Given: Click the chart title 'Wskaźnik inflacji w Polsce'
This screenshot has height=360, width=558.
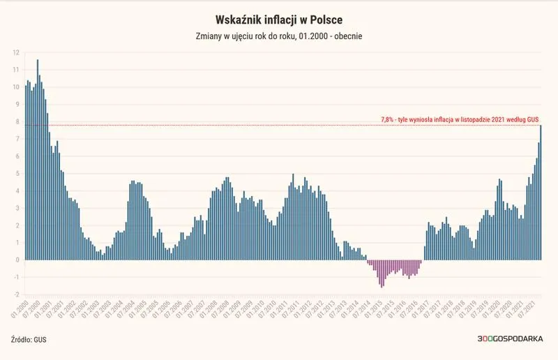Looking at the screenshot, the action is [x=279, y=20].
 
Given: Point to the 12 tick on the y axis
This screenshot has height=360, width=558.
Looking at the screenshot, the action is [x=16, y=53].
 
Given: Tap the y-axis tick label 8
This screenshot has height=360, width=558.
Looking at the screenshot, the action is [x=17, y=122].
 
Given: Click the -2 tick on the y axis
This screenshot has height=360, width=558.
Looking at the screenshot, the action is [x=16, y=294].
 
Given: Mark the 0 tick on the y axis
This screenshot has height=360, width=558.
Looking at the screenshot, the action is [x=17, y=260].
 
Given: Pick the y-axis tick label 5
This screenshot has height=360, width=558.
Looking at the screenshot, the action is [x=17, y=174].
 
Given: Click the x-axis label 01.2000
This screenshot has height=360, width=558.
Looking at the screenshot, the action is [x=20, y=309].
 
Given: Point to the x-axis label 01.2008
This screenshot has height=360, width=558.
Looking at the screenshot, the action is [x=208, y=309].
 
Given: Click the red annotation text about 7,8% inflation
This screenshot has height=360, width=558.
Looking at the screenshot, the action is [x=460, y=119].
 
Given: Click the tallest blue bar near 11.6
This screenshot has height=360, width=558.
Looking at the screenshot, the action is [x=38, y=160].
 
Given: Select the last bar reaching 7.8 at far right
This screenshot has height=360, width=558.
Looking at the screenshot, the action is [x=541, y=193].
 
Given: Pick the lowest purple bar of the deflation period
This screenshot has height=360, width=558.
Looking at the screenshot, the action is [x=382, y=273].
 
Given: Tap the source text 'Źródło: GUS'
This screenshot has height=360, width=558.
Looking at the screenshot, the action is [x=29, y=339].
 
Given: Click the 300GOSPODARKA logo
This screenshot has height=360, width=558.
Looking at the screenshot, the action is [x=510, y=338].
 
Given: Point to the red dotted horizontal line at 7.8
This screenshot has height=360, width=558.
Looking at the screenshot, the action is [x=282, y=126].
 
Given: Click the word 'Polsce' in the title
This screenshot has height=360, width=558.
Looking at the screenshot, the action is [x=326, y=20].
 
